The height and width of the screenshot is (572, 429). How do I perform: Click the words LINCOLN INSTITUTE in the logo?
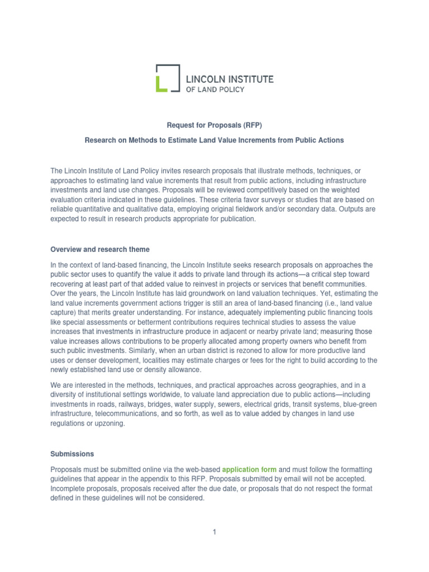[x=230, y=79]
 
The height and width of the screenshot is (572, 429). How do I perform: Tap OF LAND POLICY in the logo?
[x=215, y=89]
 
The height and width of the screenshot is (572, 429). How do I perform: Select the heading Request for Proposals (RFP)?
[x=214, y=125]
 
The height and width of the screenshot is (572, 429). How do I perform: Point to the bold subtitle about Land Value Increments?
[x=214, y=140]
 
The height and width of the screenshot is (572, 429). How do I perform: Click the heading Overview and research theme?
[x=100, y=249]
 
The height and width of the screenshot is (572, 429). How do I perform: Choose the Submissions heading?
[x=72, y=454]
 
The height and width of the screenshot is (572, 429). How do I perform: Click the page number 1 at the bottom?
[x=214, y=532]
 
